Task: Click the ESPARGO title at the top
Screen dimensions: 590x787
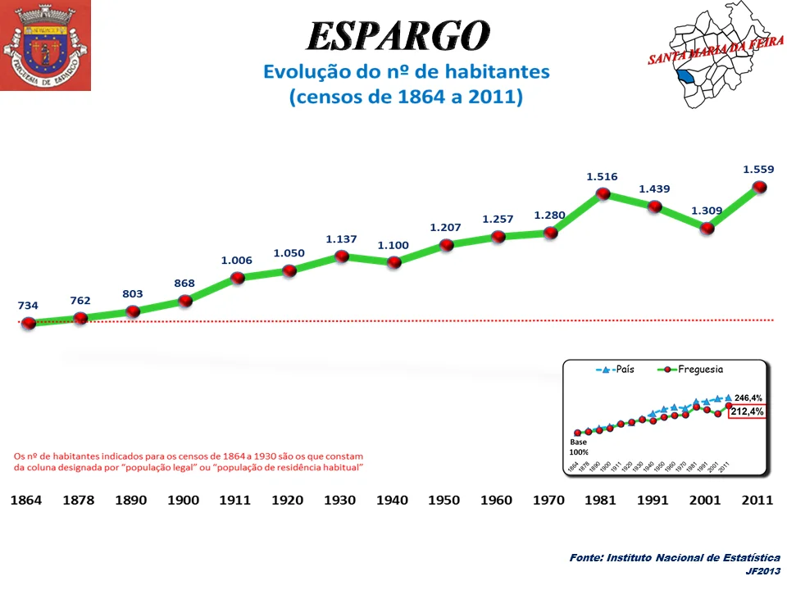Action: (398, 35)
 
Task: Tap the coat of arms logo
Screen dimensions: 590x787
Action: (45, 45)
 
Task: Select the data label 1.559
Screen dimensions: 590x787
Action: (758, 170)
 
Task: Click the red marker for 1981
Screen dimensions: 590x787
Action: (603, 194)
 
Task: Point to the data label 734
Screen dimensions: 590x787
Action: (29, 305)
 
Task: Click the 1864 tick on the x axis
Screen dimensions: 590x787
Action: (28, 500)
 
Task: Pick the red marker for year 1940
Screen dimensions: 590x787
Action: (394, 262)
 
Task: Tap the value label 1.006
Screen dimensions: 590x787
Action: (237, 261)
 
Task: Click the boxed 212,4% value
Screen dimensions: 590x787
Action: (747, 412)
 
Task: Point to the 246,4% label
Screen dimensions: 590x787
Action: (748, 397)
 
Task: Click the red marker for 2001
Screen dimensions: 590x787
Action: (707, 229)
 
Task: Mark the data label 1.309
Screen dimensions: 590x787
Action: (707, 211)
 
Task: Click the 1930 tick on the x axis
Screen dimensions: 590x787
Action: (339, 500)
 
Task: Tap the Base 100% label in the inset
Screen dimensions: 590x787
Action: (579, 446)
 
